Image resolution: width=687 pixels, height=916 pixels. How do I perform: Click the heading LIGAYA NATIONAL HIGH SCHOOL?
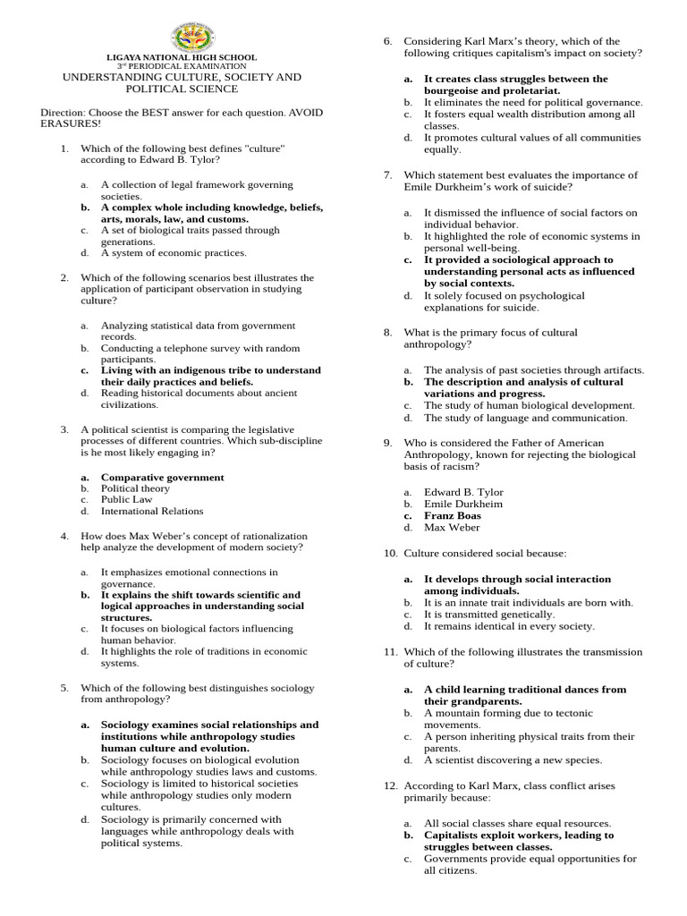pyautogui.click(x=182, y=57)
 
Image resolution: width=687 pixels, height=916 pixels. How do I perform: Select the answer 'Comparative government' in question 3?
pyautogui.click(x=162, y=478)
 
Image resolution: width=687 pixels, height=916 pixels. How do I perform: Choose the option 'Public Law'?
pyautogui.click(x=126, y=500)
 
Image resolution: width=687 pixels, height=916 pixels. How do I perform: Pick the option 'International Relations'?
pyautogui.click(x=151, y=512)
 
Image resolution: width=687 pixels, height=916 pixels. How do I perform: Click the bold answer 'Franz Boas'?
pyautogui.click(x=452, y=516)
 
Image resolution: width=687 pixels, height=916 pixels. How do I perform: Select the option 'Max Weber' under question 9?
pyautogui.click(x=452, y=528)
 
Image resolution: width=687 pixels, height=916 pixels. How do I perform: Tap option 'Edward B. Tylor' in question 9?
pyautogui.click(x=463, y=493)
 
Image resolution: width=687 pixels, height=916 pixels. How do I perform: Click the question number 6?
pyautogui.click(x=388, y=42)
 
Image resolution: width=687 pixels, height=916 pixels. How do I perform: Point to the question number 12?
pyautogui.click(x=390, y=785)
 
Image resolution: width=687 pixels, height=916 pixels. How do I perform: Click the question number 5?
pyautogui.click(x=64, y=688)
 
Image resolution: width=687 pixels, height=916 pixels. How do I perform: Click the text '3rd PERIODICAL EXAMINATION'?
pyautogui.click(x=182, y=67)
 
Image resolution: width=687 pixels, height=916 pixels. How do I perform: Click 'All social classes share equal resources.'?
pyautogui.click(x=517, y=823)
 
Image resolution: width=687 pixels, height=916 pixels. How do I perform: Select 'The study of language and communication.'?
pyautogui.click(x=525, y=418)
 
